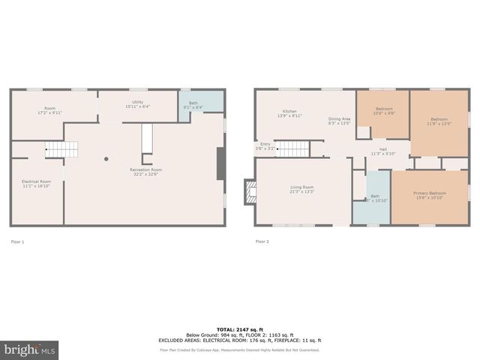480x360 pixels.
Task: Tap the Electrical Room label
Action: [x=36, y=184]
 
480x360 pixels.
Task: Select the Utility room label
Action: [x=138, y=104]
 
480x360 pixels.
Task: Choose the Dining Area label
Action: [x=339, y=121]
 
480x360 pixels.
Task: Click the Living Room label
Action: [x=302, y=189]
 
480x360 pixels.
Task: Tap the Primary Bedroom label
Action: [x=429, y=195]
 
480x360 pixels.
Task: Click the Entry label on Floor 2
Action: [x=265, y=145]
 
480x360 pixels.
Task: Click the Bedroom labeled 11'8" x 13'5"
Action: [x=439, y=121]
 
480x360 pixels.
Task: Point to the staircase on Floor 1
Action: [x=60, y=149]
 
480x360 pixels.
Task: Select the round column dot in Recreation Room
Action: [x=106, y=158]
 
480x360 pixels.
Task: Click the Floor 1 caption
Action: [x=17, y=241]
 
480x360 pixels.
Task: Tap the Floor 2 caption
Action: [x=262, y=241]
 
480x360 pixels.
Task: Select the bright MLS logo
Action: [x=30, y=349]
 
